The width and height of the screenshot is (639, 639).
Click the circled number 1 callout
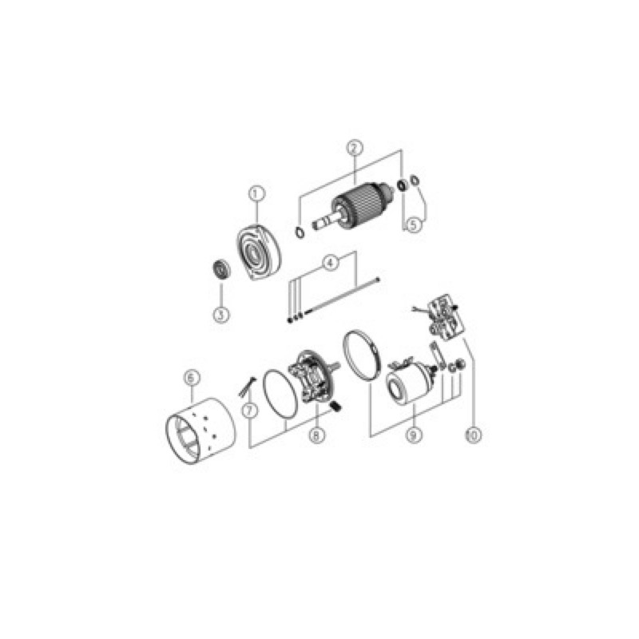(256, 194)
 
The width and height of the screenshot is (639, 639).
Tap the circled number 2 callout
(355, 148)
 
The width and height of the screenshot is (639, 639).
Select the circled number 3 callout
(221, 315)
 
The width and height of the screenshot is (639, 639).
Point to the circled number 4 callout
(331, 263)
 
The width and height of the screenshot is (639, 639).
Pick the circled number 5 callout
(413, 225)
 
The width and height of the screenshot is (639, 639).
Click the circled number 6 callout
(192, 377)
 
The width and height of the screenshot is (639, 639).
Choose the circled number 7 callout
(250, 411)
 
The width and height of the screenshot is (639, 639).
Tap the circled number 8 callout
(316, 435)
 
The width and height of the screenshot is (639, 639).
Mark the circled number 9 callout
(413, 435)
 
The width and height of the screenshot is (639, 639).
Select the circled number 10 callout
(473, 435)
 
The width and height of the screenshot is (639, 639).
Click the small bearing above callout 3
(222, 269)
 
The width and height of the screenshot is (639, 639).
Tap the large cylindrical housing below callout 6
(200, 431)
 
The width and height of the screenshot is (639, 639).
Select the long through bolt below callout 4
(343, 296)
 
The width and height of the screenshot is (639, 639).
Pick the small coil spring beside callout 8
(335, 407)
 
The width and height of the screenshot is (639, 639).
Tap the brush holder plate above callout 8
(312, 376)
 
